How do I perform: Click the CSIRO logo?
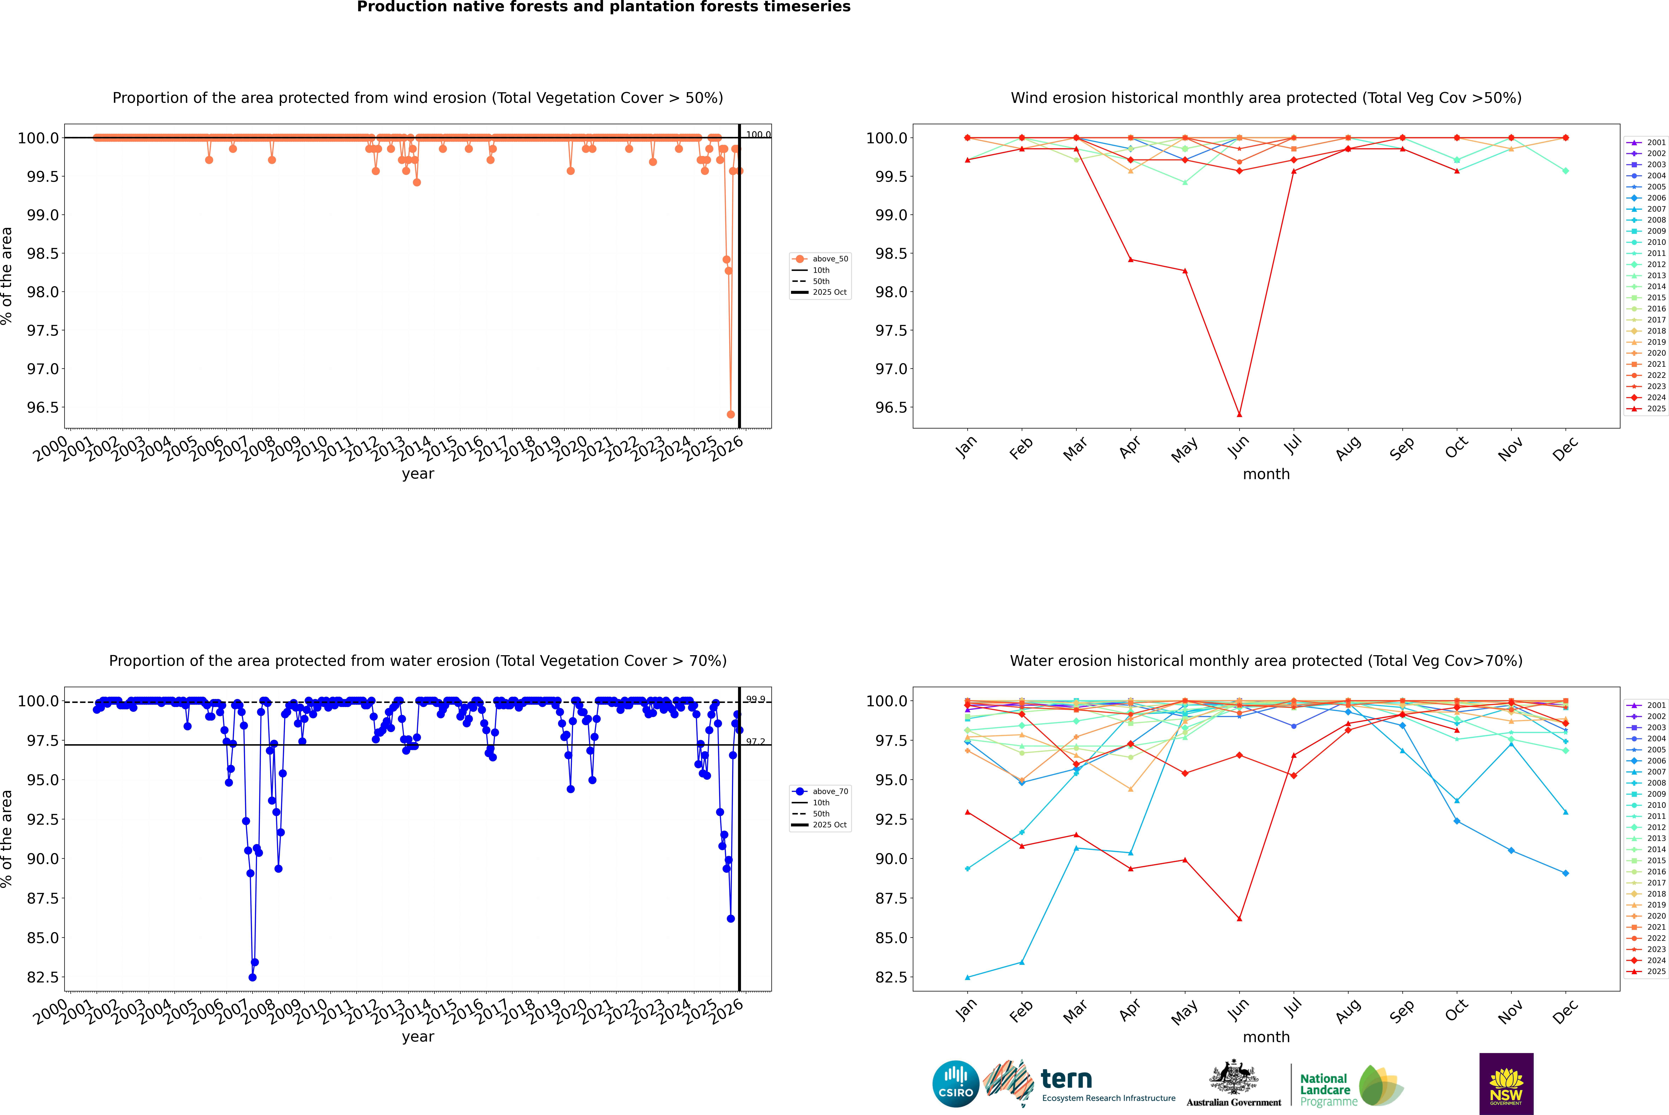[x=956, y=1084]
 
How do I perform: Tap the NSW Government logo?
[x=1506, y=1084]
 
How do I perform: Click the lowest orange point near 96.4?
[x=731, y=415]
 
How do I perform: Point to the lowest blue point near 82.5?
[x=252, y=977]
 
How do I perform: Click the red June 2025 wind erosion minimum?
[x=1239, y=415]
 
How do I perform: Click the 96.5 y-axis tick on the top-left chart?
[x=43, y=407]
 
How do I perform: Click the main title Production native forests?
[x=603, y=7]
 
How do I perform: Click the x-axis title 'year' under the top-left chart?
[x=418, y=474]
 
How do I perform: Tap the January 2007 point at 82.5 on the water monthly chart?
[x=968, y=977]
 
